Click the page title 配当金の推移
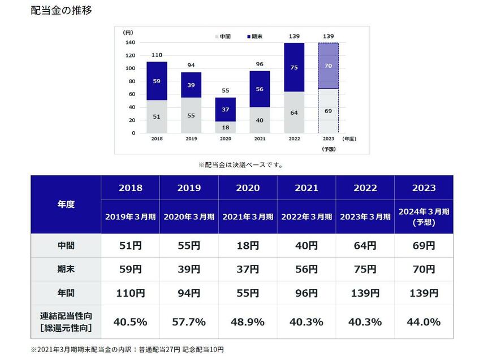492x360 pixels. point(61,11)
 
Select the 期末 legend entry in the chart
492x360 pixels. point(255,36)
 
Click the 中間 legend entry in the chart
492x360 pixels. point(222,36)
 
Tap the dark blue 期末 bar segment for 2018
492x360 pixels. point(157,81)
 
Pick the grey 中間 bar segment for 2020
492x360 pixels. point(226,127)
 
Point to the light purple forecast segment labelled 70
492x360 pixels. point(329,66)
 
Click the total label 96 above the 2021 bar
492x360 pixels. point(260,64)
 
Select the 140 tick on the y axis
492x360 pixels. point(130,42)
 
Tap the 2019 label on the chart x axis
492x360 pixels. point(191,138)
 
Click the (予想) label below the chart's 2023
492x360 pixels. point(329,149)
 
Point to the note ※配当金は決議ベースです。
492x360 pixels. point(240,165)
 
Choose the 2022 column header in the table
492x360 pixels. point(365,188)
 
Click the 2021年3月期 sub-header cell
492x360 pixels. point(248,216)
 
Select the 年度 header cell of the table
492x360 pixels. point(66,204)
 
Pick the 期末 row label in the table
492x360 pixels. point(66,270)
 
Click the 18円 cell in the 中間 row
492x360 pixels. point(248,246)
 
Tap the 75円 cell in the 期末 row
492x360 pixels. point(365,270)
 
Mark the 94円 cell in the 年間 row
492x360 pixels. point(189,293)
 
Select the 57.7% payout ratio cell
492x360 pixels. point(189,322)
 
